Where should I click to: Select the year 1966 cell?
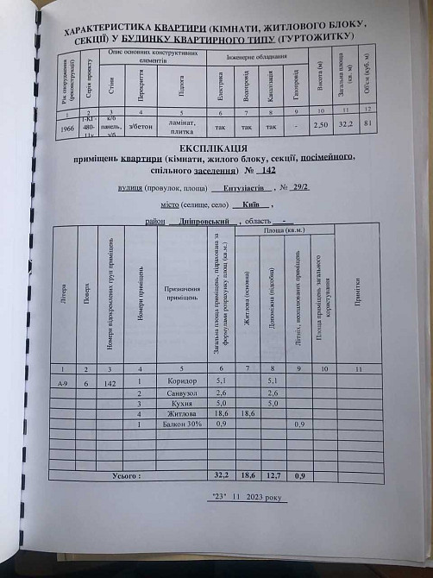point(64,126)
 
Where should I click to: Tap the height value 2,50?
point(322,126)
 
